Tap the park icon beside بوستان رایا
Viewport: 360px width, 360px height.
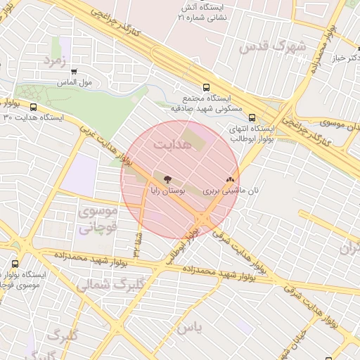click(167, 179)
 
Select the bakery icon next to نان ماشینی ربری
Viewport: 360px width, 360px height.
click(230, 180)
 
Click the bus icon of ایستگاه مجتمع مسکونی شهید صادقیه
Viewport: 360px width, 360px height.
click(205, 88)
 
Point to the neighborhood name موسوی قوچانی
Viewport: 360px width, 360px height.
click(94, 219)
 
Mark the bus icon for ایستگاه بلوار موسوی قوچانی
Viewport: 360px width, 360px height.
click(15, 264)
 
